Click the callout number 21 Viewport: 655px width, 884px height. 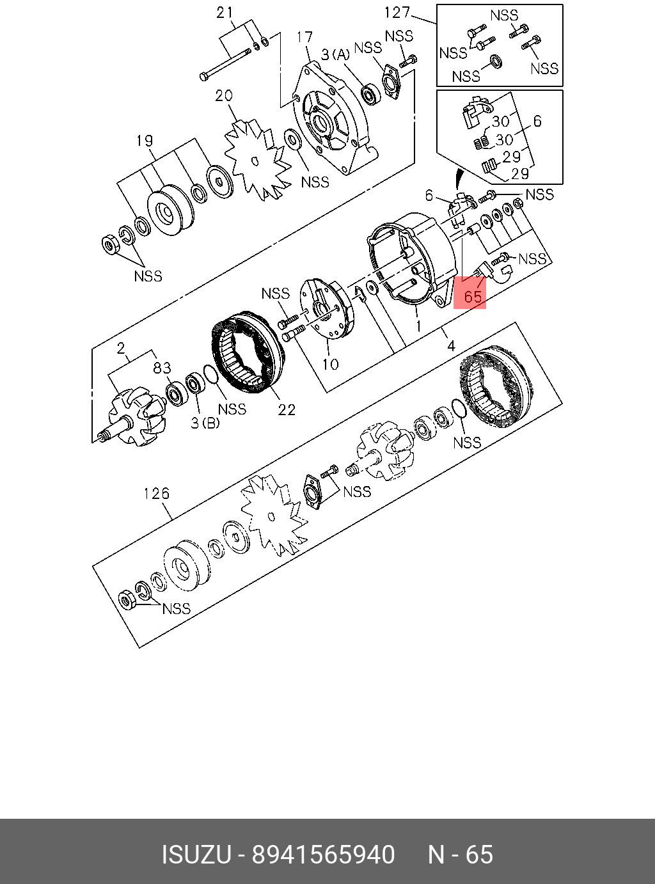coord(224,13)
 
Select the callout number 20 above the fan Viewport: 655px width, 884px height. coord(223,96)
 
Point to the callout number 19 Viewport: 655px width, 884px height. coord(145,141)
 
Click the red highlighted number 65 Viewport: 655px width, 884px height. coord(472,297)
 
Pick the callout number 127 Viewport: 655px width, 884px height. coord(397,13)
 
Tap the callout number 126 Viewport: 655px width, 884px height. coord(156,494)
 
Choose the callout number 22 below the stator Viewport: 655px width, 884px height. coord(287,409)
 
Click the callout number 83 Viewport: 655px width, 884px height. coord(162,368)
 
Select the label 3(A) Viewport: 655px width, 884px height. coord(335,55)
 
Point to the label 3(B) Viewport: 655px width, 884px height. coord(205,423)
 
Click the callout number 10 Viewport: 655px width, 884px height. coord(330,365)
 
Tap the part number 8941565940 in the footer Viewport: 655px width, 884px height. coord(323,855)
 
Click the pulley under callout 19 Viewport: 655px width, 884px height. coord(168,211)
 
